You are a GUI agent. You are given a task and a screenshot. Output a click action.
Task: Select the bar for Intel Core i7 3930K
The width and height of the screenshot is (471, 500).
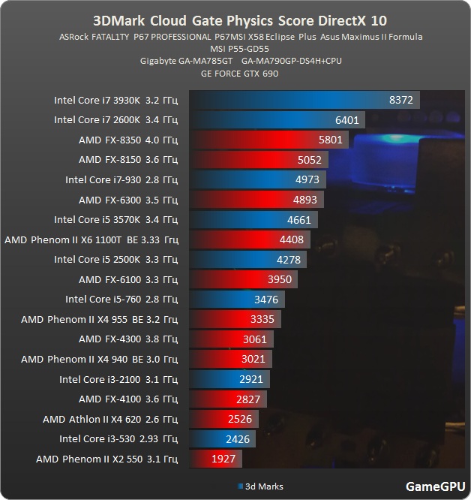coord(304,100)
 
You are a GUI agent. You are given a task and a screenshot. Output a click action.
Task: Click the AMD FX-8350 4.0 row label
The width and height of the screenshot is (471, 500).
coord(128,140)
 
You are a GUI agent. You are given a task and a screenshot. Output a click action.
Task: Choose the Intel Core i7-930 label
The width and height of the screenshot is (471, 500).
coord(121,179)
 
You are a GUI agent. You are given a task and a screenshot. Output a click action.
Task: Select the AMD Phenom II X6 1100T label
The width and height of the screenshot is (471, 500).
coord(91,239)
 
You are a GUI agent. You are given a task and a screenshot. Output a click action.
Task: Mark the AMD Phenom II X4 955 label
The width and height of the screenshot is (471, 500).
coord(100,320)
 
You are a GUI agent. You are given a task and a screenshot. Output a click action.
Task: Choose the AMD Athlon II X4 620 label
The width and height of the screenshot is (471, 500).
coord(110,420)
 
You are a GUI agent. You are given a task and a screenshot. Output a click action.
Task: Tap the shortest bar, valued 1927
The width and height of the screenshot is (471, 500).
coord(216,459)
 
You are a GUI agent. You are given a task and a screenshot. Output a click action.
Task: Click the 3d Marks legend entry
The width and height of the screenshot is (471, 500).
coord(260,486)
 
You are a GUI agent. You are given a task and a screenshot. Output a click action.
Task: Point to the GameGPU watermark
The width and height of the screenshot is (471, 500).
coord(436,486)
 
